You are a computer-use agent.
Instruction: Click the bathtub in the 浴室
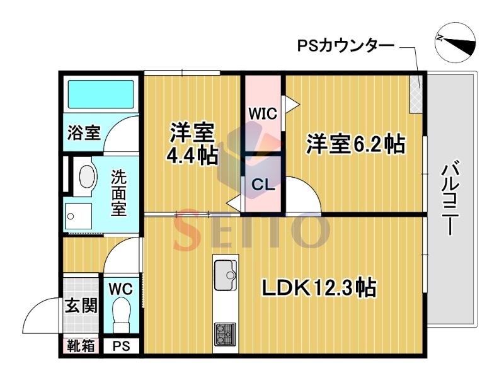[101, 95]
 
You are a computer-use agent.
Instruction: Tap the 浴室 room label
[84, 132]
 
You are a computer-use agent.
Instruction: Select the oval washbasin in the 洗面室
[88, 176]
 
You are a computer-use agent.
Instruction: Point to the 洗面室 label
[119, 192]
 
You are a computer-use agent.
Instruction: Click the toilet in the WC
[121, 315]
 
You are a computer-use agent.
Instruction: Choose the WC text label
[120, 289]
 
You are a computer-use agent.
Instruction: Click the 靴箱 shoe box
[81, 346]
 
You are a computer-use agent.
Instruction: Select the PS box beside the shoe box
[121, 346]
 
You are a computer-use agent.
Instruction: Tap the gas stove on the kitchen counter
[225, 334]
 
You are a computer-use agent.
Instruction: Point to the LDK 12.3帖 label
[319, 288]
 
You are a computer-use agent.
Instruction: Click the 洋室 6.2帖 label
[355, 144]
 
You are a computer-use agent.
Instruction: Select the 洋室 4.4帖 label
[192, 144]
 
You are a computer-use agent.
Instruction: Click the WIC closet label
[263, 113]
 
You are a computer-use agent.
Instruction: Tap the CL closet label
[263, 185]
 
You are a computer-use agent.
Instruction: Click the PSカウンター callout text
[345, 45]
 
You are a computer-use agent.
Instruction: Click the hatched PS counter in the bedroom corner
[416, 94]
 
